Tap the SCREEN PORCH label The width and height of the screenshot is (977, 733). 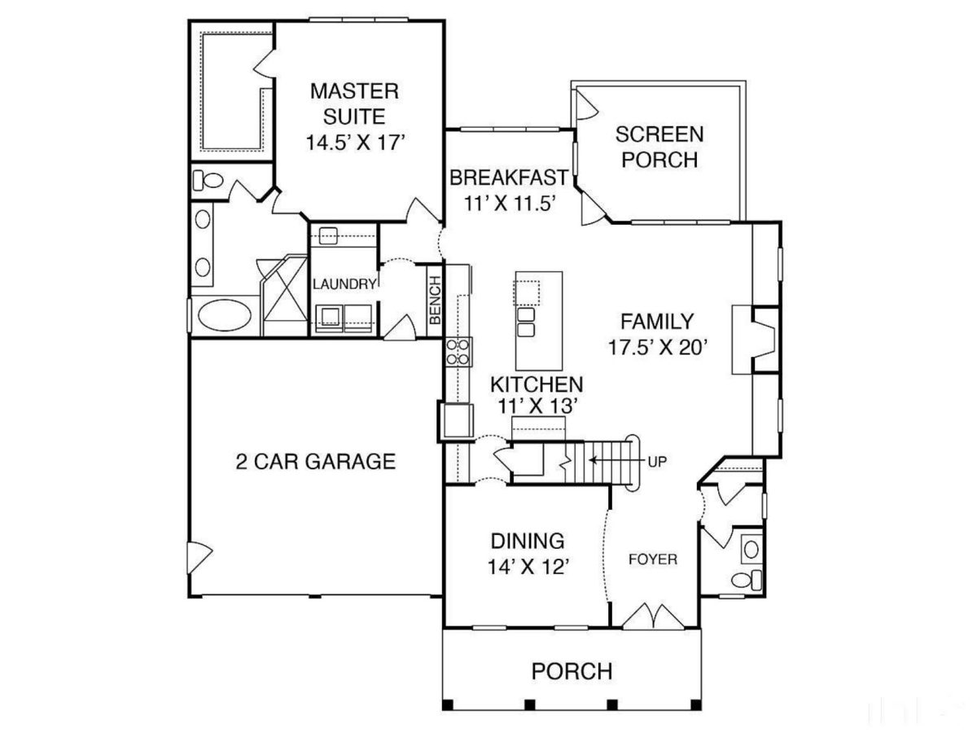659,147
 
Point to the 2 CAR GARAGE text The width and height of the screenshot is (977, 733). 315,462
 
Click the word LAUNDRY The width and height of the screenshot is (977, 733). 344,284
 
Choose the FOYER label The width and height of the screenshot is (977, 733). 652,560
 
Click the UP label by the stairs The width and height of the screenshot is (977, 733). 657,461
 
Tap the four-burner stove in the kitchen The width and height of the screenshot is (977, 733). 458,351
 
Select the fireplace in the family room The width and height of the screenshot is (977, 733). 756,339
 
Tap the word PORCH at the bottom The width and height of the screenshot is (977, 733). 572,672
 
